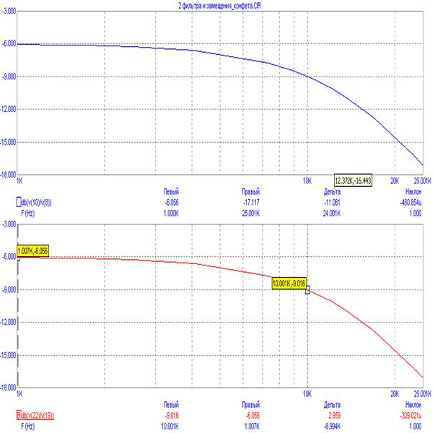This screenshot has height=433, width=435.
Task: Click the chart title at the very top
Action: click(217, 5)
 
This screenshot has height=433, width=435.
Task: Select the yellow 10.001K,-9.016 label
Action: click(289, 284)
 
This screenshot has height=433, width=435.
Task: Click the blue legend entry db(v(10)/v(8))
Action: click(45, 201)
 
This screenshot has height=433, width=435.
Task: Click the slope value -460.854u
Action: click(411, 201)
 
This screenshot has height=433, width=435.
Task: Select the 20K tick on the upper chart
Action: click(395, 180)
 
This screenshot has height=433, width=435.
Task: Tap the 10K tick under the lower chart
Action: click(307, 395)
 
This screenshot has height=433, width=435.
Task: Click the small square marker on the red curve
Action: click(308, 290)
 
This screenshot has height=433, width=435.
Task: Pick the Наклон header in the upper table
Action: click(412, 193)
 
